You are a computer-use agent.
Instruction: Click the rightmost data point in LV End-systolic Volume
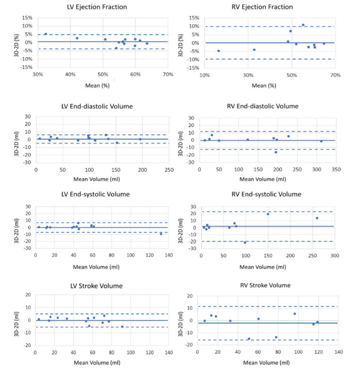click(161, 234)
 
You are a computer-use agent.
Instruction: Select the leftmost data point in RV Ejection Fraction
click(219, 51)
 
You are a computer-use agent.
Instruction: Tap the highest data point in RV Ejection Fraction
click(303, 25)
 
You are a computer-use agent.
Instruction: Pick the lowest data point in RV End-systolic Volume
click(245, 243)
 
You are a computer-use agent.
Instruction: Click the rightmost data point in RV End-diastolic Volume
click(321, 141)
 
